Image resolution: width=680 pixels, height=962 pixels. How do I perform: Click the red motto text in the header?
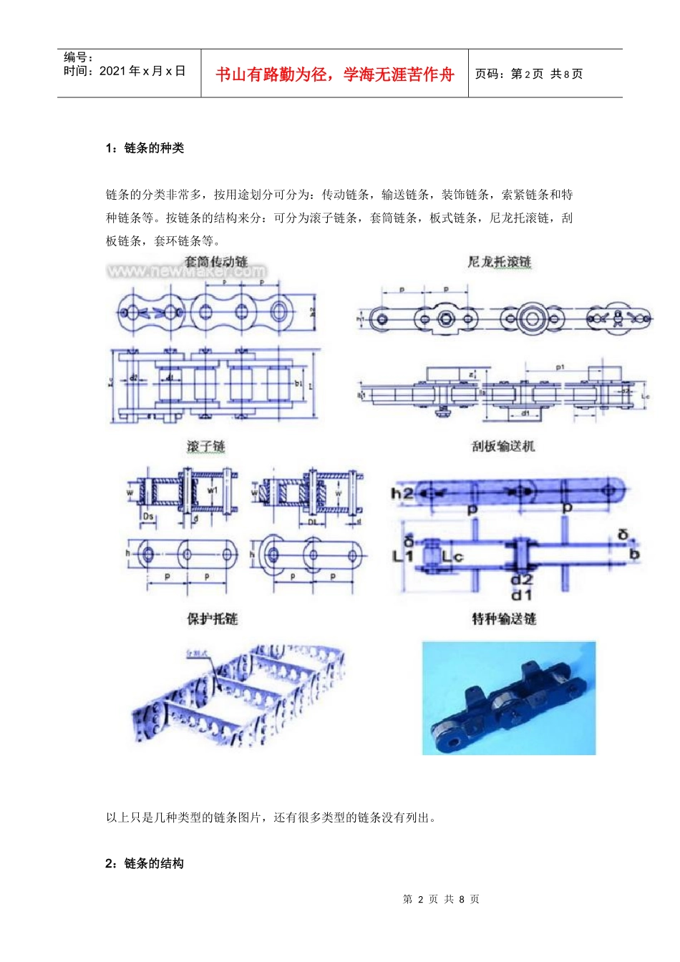click(334, 74)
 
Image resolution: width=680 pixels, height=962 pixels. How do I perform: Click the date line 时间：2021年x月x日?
click(125, 71)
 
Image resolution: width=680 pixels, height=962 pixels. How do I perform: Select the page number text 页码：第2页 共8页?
click(529, 74)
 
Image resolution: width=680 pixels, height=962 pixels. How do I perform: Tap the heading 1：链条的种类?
click(145, 148)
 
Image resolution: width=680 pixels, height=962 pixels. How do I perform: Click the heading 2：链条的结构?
click(145, 863)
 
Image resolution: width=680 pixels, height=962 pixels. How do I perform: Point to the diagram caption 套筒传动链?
click(216, 261)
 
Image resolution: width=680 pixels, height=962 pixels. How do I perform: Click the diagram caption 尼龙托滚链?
click(500, 262)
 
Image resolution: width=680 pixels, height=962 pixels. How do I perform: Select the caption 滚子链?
click(206, 446)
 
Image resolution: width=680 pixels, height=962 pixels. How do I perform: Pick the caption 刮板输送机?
click(503, 446)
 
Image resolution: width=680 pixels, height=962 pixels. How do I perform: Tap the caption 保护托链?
click(213, 618)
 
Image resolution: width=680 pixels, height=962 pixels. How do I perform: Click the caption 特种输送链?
click(504, 618)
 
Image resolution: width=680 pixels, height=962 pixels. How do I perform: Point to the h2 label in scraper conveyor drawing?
click(401, 492)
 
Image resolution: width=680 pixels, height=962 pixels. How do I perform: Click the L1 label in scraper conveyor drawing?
click(403, 555)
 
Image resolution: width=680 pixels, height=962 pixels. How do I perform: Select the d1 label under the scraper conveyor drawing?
click(521, 595)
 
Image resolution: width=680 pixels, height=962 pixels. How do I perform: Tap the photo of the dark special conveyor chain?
click(508, 698)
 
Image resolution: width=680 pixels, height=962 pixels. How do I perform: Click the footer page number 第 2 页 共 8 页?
click(441, 899)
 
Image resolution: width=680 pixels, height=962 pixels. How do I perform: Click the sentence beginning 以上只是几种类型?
click(271, 817)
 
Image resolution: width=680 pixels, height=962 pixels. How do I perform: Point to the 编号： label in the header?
click(79, 57)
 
